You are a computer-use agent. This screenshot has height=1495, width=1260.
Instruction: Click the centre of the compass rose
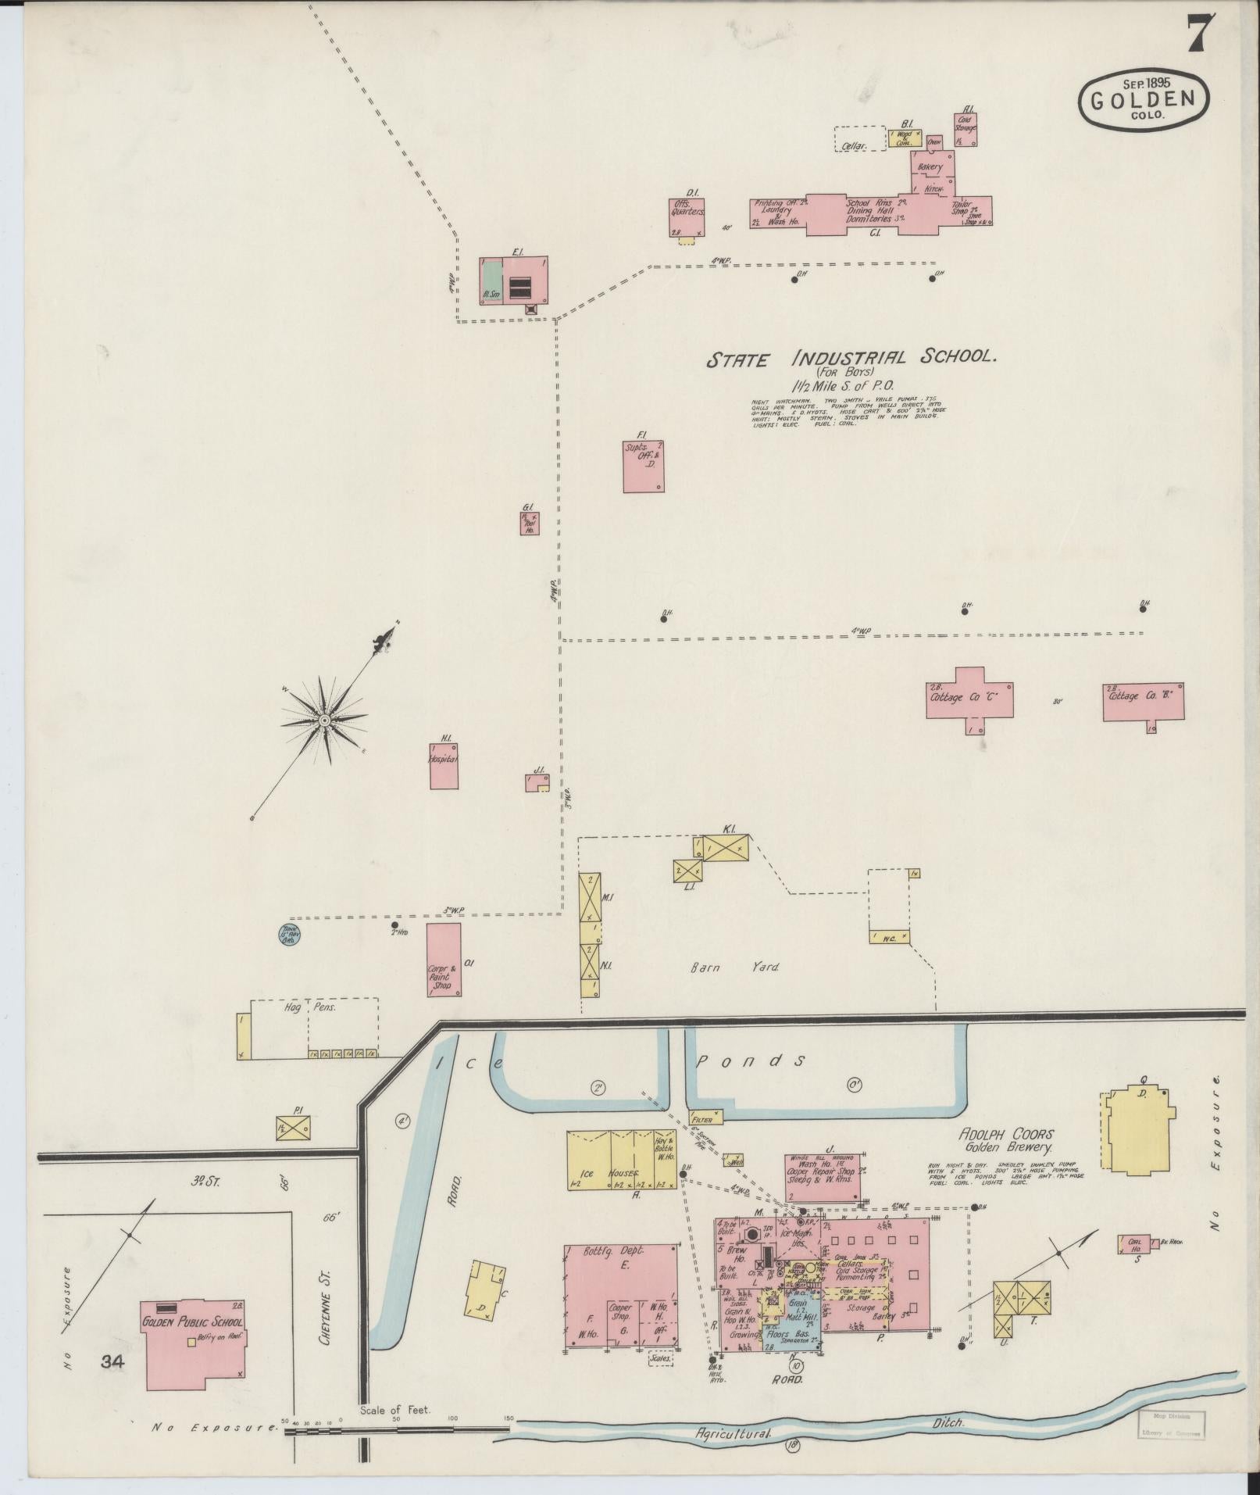click(323, 718)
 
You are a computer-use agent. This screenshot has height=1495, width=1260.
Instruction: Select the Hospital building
click(443, 760)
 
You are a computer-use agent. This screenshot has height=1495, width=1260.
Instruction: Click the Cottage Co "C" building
click(969, 694)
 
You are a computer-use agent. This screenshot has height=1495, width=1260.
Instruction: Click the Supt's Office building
click(643, 467)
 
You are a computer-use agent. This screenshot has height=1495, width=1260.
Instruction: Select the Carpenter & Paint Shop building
click(443, 959)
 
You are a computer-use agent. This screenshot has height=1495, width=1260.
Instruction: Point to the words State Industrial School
click(851, 359)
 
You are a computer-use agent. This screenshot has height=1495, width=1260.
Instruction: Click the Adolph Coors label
click(1005, 1134)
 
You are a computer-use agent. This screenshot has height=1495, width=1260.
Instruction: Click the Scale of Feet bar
click(398, 1429)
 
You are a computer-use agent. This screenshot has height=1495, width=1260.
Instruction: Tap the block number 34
click(112, 1362)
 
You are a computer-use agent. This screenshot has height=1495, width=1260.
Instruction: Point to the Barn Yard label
click(734, 967)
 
